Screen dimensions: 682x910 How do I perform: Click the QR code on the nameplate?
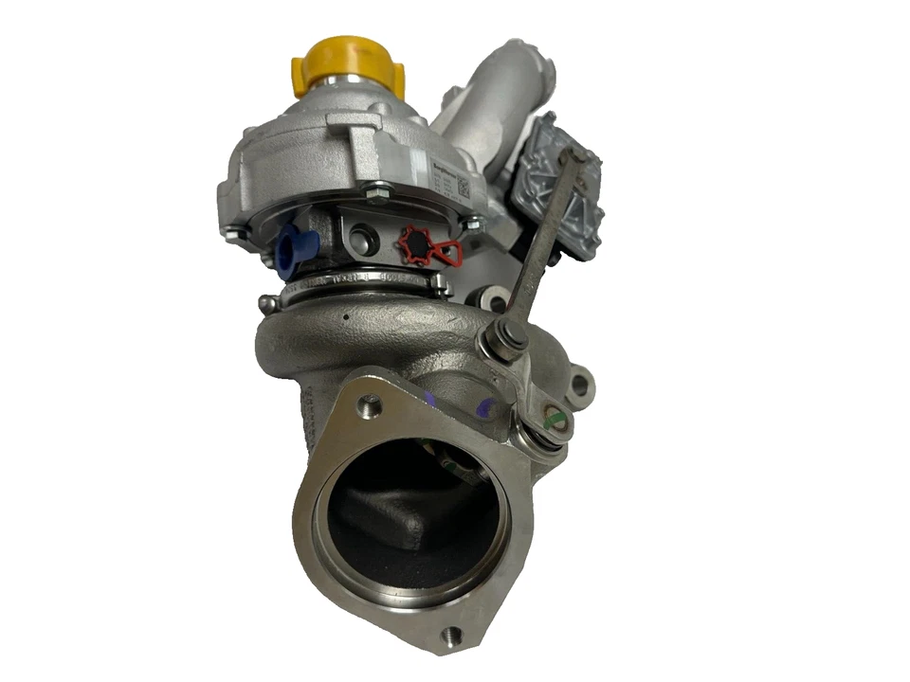coord(462,187)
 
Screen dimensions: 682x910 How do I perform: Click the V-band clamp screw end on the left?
coord(267,302)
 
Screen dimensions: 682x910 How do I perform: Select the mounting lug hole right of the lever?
coord(580,384)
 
